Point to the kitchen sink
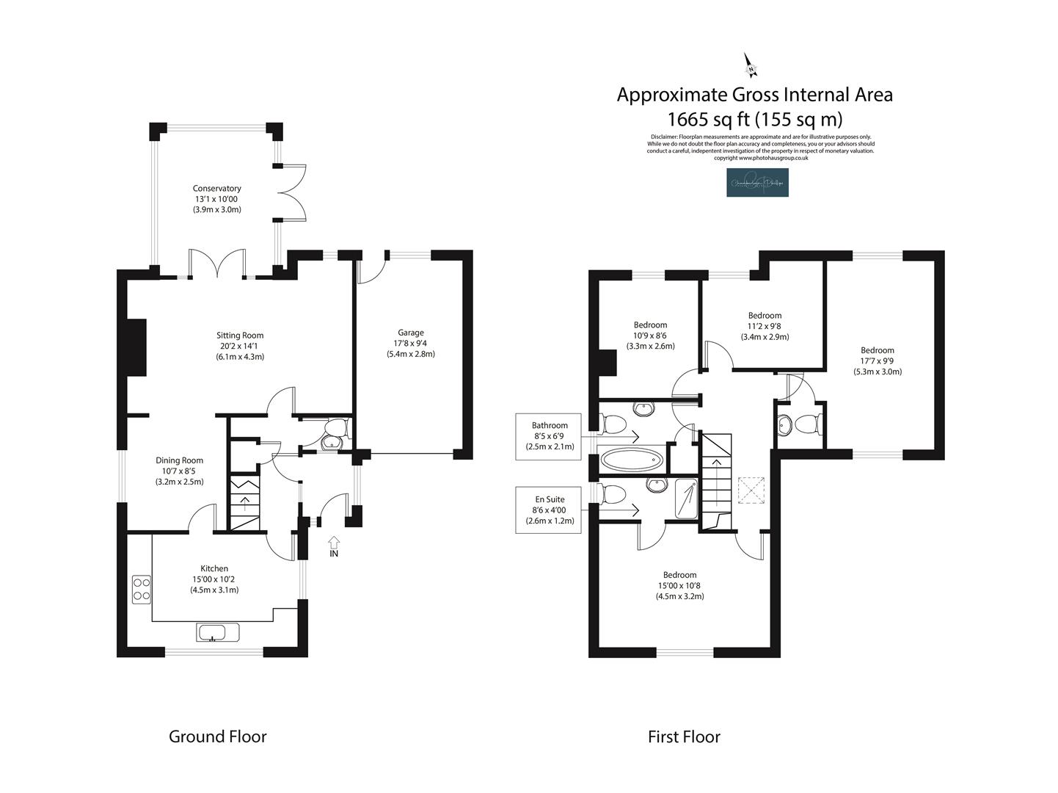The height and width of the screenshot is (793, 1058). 217,632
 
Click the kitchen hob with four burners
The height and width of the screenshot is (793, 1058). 142,589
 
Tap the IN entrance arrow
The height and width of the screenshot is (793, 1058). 334,544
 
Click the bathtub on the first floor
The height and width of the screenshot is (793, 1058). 632,461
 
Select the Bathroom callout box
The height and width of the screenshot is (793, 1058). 550,435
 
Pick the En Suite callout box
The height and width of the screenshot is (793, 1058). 550,510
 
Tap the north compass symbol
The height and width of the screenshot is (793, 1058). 751,65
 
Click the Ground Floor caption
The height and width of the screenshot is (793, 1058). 218,736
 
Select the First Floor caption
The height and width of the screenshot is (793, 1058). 684,736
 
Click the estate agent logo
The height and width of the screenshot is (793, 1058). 757,183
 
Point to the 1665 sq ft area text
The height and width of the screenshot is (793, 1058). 754,119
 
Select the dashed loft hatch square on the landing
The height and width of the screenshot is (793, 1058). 751,490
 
